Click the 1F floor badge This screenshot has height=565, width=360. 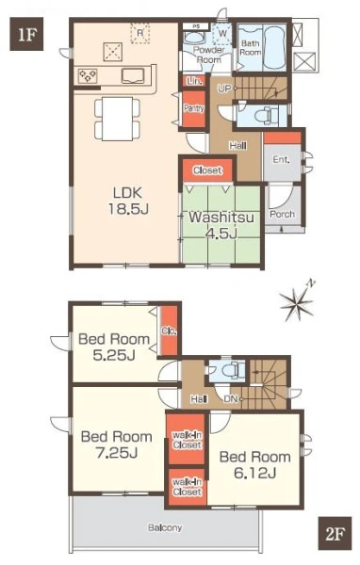point(26,34)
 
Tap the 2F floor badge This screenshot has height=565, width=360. point(335,533)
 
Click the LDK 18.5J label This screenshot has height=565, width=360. point(127,201)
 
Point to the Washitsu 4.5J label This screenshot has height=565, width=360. point(221,225)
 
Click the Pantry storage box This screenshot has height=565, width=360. point(194,108)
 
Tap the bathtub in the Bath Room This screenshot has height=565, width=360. point(274,48)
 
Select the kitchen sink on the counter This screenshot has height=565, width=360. point(133,76)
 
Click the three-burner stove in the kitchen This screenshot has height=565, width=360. point(88,76)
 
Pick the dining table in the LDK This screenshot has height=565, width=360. point(117,119)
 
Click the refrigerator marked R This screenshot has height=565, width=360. point(140,33)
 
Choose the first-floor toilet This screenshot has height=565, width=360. point(265,116)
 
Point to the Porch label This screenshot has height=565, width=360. point(282,214)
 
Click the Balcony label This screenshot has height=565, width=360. point(165,528)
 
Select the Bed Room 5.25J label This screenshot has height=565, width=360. point(114,347)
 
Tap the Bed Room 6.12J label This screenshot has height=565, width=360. point(255,465)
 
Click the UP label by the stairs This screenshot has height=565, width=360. point(224,89)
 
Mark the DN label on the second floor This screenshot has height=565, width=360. point(230,399)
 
